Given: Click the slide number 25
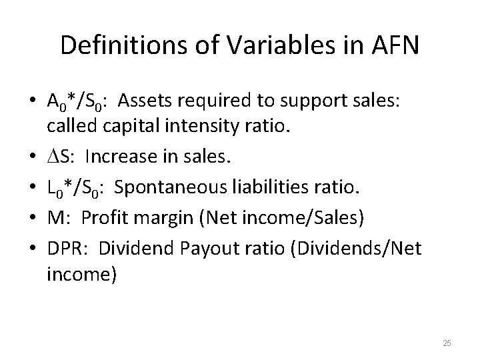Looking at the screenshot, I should pos(447,343).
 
